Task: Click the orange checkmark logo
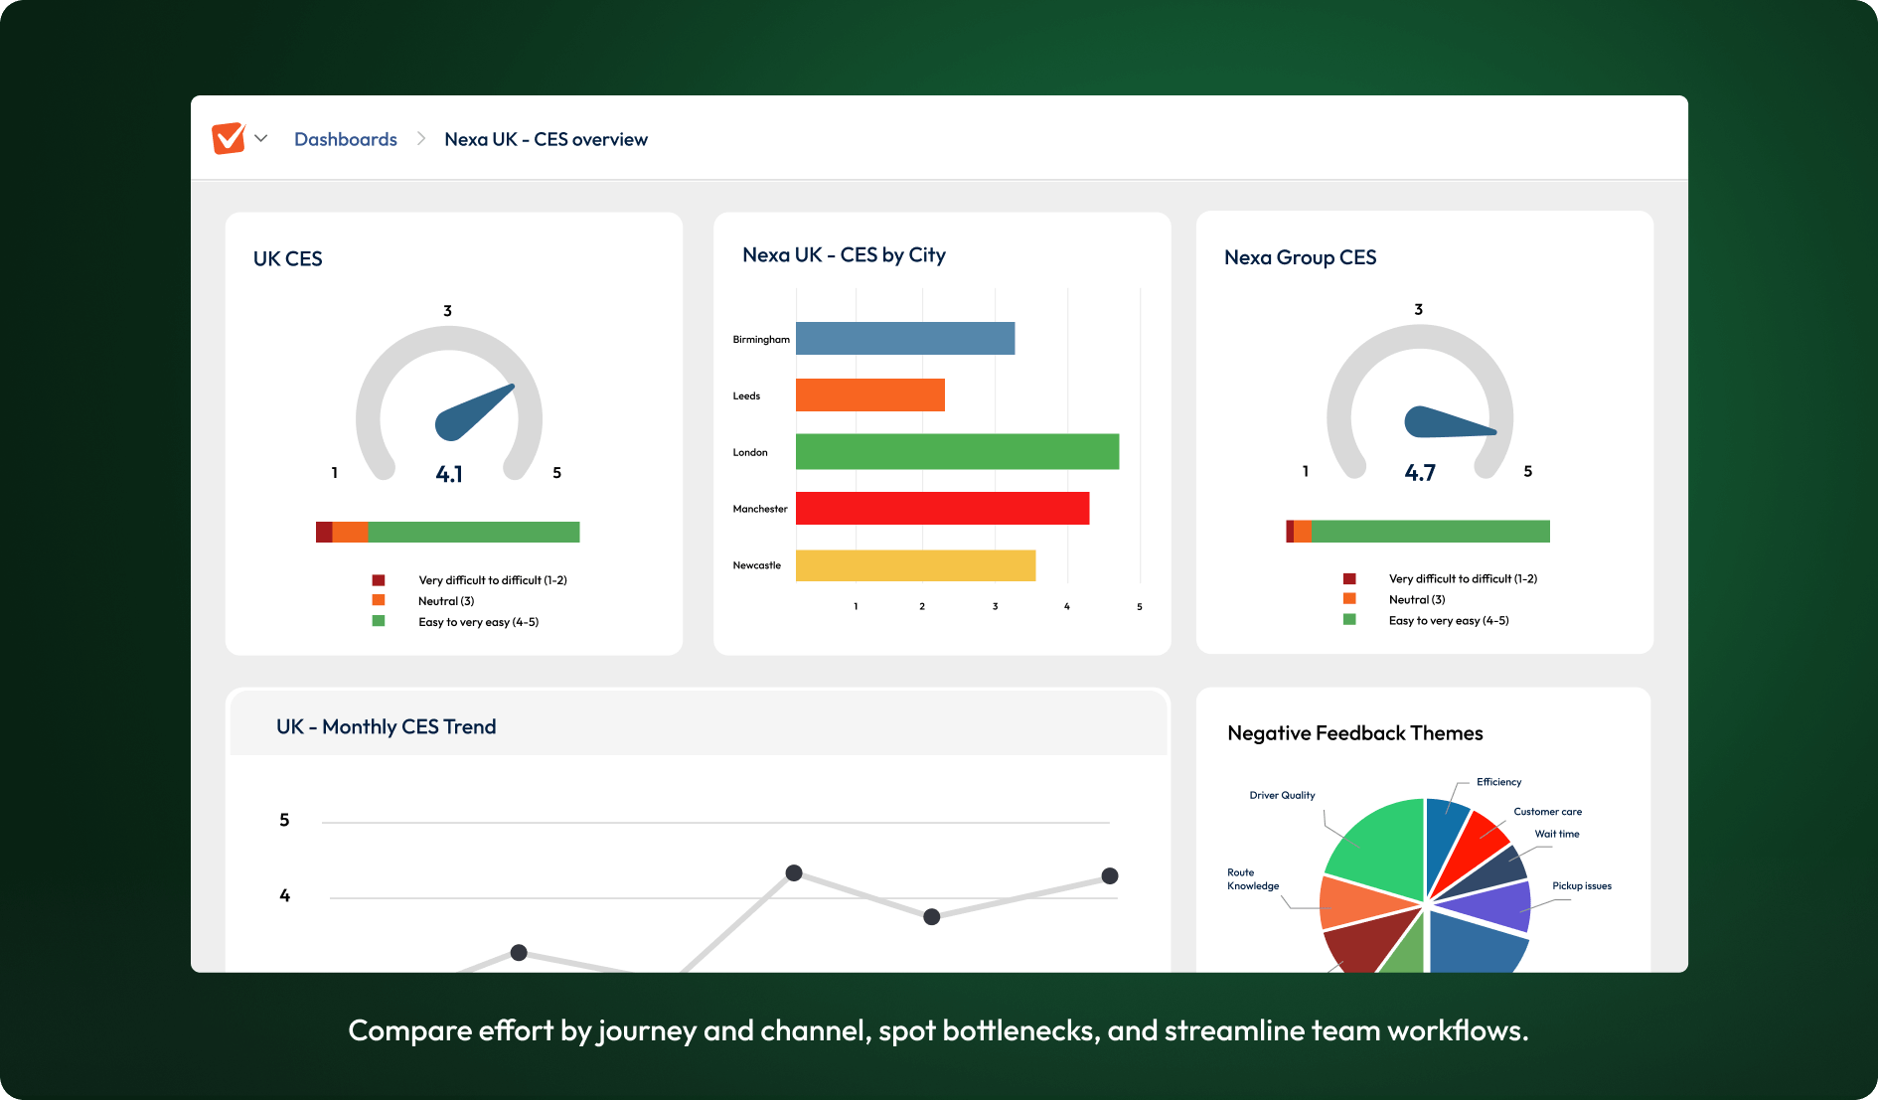(229, 138)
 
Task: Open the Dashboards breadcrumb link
(345, 139)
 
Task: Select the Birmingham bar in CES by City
(904, 339)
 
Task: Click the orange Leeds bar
(869, 395)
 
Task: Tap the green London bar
(957, 452)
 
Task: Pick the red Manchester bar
(942, 509)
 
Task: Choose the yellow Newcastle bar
(915, 565)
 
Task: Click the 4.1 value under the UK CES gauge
(449, 474)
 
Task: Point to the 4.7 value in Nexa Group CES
(1420, 473)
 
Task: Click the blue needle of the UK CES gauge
(471, 413)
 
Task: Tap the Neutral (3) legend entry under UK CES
(446, 601)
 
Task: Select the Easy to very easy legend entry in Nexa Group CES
(1448, 621)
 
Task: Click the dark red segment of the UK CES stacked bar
(324, 532)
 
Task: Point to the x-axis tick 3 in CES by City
(995, 606)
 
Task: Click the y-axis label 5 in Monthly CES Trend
(284, 820)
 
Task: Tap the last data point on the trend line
(1110, 875)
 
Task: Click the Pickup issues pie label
(1582, 885)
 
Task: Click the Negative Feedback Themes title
(1354, 733)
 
